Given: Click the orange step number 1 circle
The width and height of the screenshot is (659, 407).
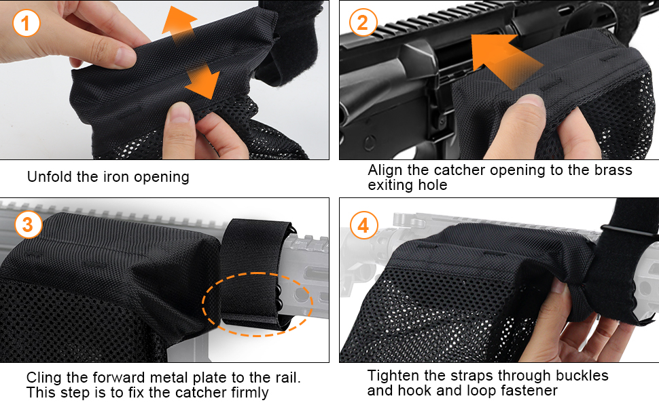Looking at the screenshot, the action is tap(26, 22).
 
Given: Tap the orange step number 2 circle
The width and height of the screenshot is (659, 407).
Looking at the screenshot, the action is tap(363, 22).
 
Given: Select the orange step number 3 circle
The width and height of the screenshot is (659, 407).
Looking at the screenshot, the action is tap(28, 224).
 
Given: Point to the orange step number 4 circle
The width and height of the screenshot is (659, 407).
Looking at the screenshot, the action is tap(363, 225).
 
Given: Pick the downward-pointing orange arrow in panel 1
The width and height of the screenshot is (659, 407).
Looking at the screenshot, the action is tap(202, 81).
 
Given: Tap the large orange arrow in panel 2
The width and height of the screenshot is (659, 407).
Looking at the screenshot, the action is tap(504, 60).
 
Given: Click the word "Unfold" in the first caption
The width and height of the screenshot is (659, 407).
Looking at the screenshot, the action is tap(50, 176).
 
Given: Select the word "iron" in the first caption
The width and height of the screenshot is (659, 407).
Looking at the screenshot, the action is tap(117, 176).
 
